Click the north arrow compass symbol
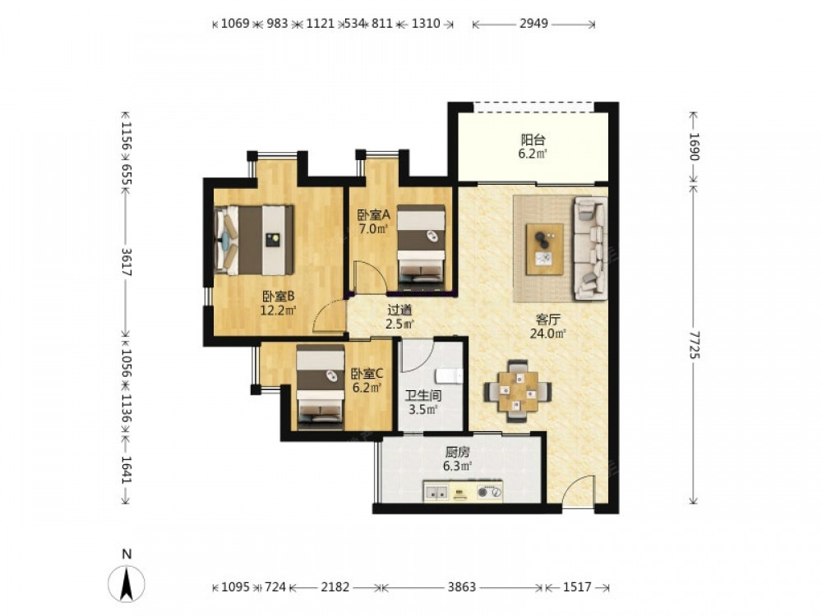(x=127, y=583)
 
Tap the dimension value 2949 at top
(x=533, y=24)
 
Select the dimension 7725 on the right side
(x=694, y=345)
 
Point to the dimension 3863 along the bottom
(x=461, y=587)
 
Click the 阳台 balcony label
(x=533, y=140)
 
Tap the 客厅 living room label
(x=548, y=319)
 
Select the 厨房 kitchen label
(x=457, y=452)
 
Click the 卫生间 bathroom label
(x=423, y=396)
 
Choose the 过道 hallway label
(x=399, y=310)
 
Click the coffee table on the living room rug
(x=545, y=249)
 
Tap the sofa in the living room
(x=590, y=248)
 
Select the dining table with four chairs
(x=517, y=391)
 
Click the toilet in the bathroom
(x=448, y=375)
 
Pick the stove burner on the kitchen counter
(x=489, y=492)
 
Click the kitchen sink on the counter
(x=436, y=492)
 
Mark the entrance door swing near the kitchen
(x=578, y=490)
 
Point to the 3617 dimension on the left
(x=127, y=261)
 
